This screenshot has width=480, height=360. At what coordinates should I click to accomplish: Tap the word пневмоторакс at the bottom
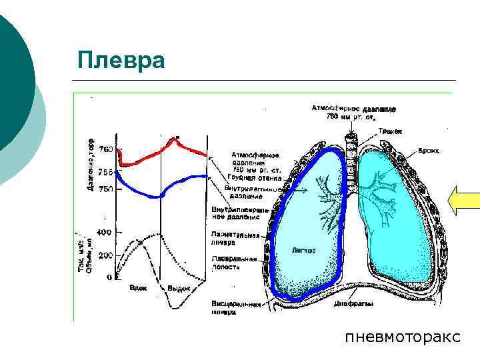tap(403, 338)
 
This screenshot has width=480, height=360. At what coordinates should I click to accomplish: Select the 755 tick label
tap(105, 172)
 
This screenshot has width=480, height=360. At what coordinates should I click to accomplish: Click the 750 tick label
tap(105, 189)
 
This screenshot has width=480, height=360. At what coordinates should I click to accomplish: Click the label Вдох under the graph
tap(139, 287)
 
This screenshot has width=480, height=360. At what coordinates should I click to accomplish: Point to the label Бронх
tap(429, 151)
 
